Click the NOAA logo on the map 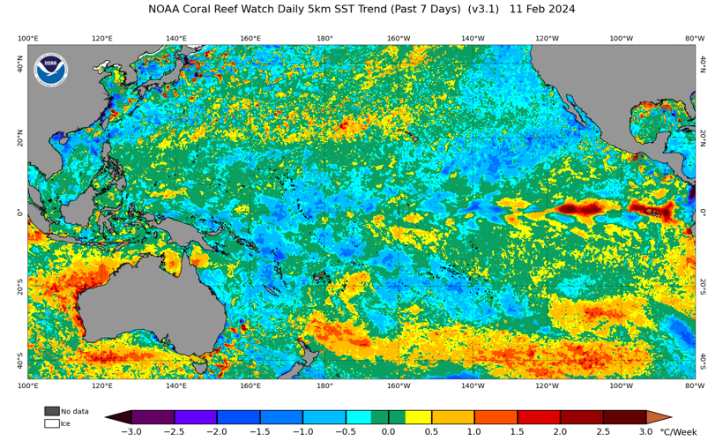pos(50,70)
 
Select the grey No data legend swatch pos(52,411)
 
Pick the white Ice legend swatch pos(52,423)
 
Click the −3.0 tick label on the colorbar pos(131,432)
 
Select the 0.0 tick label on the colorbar pos(388,432)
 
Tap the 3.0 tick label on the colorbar pos(646,432)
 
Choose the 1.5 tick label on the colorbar pos(518,432)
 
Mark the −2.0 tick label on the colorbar pos(217,432)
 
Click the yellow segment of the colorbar pos(419,416)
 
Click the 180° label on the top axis pos(324,39)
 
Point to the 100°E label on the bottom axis pos(27,385)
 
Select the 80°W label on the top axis pos(695,39)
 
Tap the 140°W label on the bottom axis pos(473,385)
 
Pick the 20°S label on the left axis pos(19,288)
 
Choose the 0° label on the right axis pos(703,212)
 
